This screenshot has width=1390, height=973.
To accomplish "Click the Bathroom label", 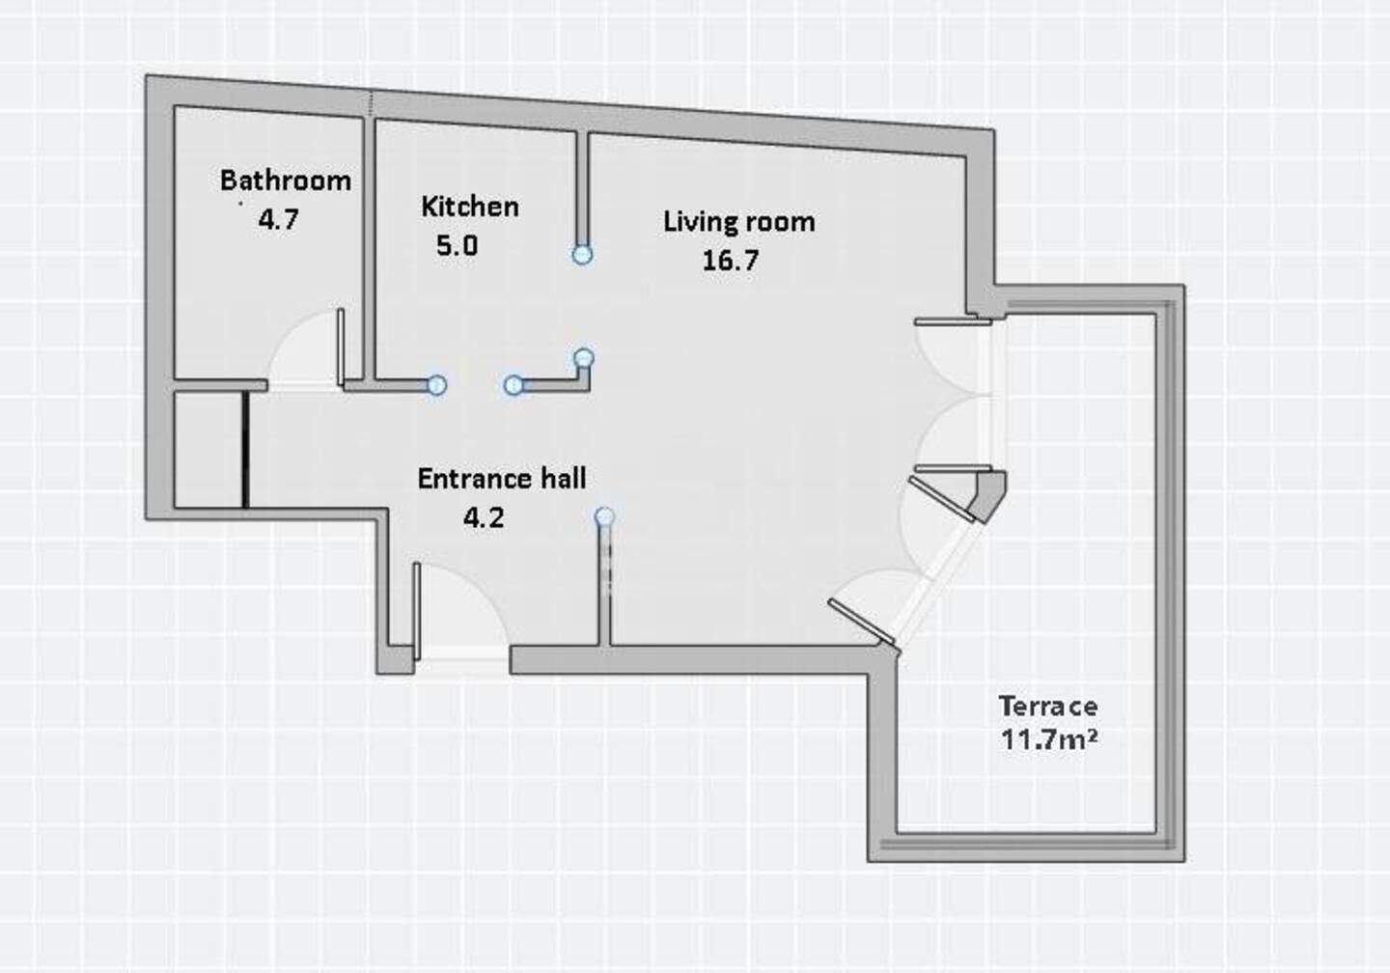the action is [286, 181].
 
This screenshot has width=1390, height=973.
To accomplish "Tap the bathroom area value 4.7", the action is [279, 219].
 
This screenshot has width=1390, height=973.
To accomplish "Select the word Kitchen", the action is [470, 207].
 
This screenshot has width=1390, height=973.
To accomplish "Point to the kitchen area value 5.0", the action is [457, 246].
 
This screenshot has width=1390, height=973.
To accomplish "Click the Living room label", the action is [739, 222].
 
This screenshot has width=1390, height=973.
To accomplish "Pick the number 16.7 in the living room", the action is [731, 260].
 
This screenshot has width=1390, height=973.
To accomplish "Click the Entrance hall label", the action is [501, 479].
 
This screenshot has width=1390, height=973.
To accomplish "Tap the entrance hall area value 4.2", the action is [484, 517].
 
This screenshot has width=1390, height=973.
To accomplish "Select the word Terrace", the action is [1047, 707].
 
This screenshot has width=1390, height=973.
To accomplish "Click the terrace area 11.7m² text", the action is [1048, 739].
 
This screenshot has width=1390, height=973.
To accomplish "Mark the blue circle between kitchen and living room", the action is [581, 255].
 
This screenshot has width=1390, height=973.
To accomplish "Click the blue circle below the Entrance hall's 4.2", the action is [604, 516].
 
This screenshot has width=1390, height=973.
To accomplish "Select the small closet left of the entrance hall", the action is [208, 450].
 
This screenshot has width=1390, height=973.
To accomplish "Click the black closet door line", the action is [245, 450].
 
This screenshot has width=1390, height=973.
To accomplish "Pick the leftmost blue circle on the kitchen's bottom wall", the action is [436, 385].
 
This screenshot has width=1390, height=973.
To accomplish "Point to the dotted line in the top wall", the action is [371, 103].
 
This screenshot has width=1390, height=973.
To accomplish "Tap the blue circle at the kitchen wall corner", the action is [584, 357].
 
